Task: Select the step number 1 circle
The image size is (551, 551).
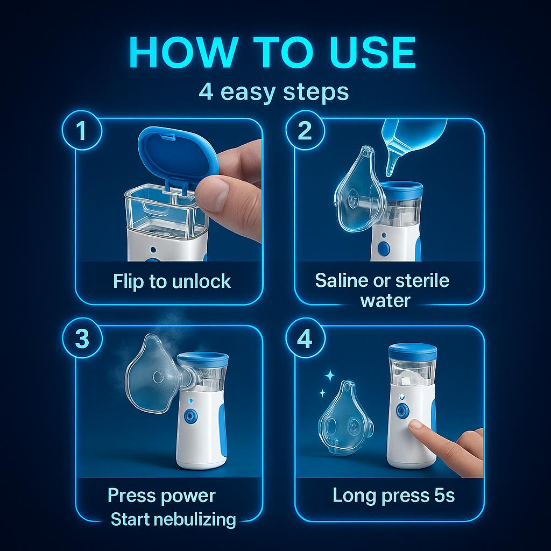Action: pos(82,131)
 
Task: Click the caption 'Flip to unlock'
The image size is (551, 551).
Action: pos(172,281)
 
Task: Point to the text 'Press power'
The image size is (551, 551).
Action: pos(161,495)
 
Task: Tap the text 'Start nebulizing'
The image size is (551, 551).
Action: pos(173,519)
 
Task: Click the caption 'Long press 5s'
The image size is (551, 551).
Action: pos(393,495)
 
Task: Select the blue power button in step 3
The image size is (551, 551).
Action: pos(191,416)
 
